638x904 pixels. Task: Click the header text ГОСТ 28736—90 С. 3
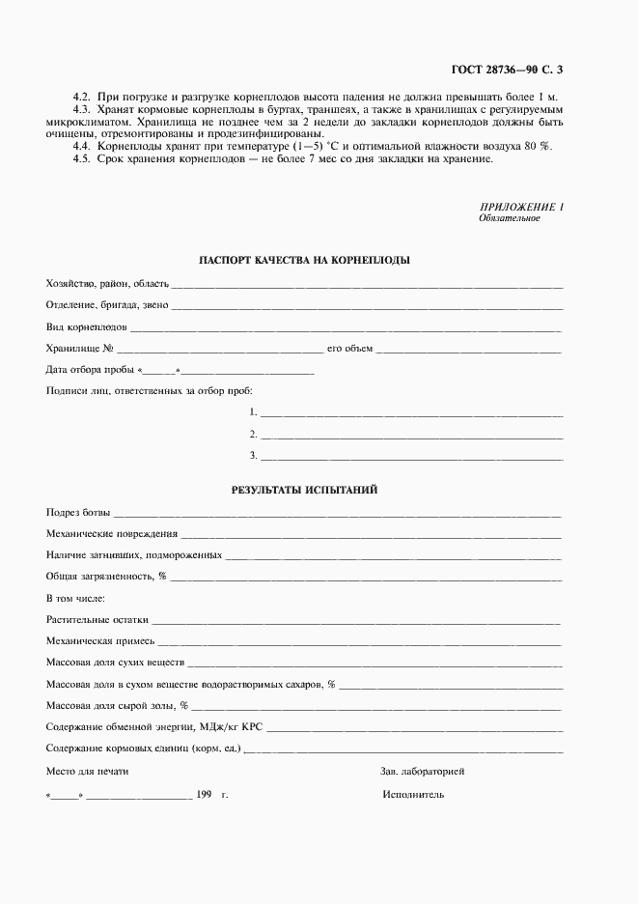506,70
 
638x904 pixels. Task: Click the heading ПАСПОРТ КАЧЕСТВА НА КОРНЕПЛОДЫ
304,261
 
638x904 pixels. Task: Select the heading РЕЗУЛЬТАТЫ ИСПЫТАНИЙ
304,490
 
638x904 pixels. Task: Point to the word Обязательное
509,218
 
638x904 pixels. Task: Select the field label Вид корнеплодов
86,327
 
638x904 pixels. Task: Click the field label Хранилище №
81,349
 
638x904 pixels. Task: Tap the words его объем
349,349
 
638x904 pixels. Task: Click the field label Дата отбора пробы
91,371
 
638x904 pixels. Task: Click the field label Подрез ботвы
78,511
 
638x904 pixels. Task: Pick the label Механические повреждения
112,533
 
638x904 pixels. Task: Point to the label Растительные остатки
97,620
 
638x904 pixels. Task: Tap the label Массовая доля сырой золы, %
117,706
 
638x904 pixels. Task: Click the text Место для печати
87,772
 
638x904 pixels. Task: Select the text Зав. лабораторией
423,772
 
